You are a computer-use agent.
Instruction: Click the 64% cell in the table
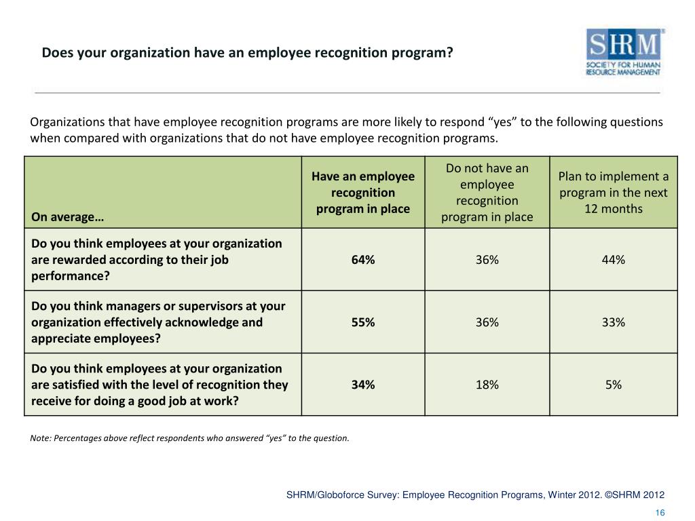(x=363, y=260)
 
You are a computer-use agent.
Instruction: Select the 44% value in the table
(x=613, y=260)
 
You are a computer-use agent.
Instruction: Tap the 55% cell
(x=363, y=322)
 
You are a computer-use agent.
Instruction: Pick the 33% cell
(x=613, y=322)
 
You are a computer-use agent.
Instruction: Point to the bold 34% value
(x=363, y=385)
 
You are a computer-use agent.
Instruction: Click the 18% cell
(x=487, y=385)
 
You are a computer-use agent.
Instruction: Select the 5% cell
(x=613, y=385)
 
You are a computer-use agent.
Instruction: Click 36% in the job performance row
(x=487, y=260)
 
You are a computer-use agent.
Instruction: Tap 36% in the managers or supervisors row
(x=487, y=322)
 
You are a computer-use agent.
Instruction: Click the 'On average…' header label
(x=67, y=217)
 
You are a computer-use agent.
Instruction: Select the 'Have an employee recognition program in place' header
(x=363, y=193)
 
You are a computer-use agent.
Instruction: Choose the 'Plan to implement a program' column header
(x=613, y=193)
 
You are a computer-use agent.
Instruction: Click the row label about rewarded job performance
(x=157, y=260)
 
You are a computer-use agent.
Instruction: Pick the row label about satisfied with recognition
(x=159, y=385)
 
